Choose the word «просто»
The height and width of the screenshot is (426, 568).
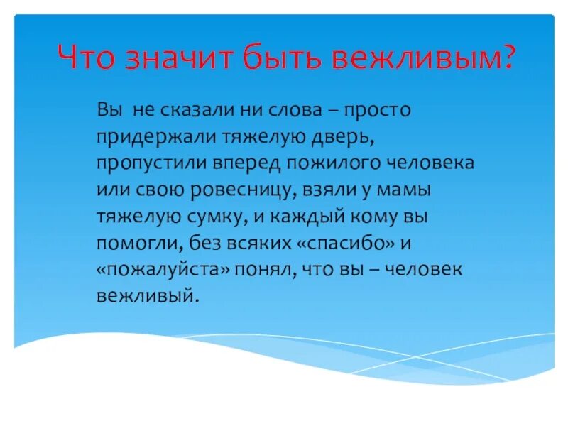point(378,111)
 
